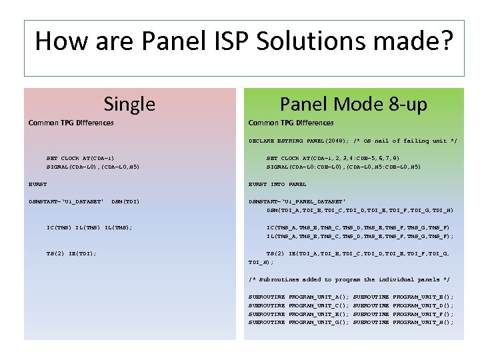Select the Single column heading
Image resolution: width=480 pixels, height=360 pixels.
tap(129, 104)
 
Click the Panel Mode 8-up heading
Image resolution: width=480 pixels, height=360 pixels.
tap(353, 104)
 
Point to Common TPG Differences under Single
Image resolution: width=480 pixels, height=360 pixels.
tap(71, 123)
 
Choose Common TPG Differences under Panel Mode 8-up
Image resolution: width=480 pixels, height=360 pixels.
tap(291, 123)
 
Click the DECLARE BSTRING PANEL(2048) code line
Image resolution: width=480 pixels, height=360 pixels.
tap(353, 142)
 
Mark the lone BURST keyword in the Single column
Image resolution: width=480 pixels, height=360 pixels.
tap(37, 184)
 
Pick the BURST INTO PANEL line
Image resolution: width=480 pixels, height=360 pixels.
tap(277, 184)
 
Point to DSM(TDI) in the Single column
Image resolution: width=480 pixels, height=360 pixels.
tap(125, 201)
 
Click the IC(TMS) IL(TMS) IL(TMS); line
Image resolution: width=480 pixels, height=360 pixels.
tap(89, 227)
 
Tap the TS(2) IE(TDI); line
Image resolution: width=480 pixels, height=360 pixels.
tap(71, 253)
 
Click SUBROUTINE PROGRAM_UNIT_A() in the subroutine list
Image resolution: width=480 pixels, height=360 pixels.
tap(298, 296)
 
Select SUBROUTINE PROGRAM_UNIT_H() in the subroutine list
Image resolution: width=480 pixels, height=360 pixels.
tap(403, 322)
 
